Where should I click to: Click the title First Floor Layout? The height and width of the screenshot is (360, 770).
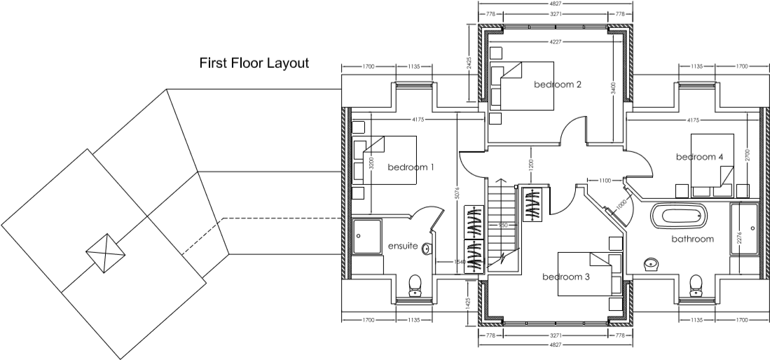[254, 64]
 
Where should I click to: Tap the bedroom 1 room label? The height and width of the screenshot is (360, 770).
[411, 167]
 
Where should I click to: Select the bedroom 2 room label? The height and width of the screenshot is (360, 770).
[558, 85]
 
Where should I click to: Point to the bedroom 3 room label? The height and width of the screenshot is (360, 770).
[566, 277]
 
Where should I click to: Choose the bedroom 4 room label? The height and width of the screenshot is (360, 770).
[699, 157]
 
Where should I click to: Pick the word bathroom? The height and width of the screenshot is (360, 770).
[692, 239]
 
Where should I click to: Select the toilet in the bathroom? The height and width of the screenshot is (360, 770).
[696, 284]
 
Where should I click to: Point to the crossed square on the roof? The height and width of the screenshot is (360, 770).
[106, 250]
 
